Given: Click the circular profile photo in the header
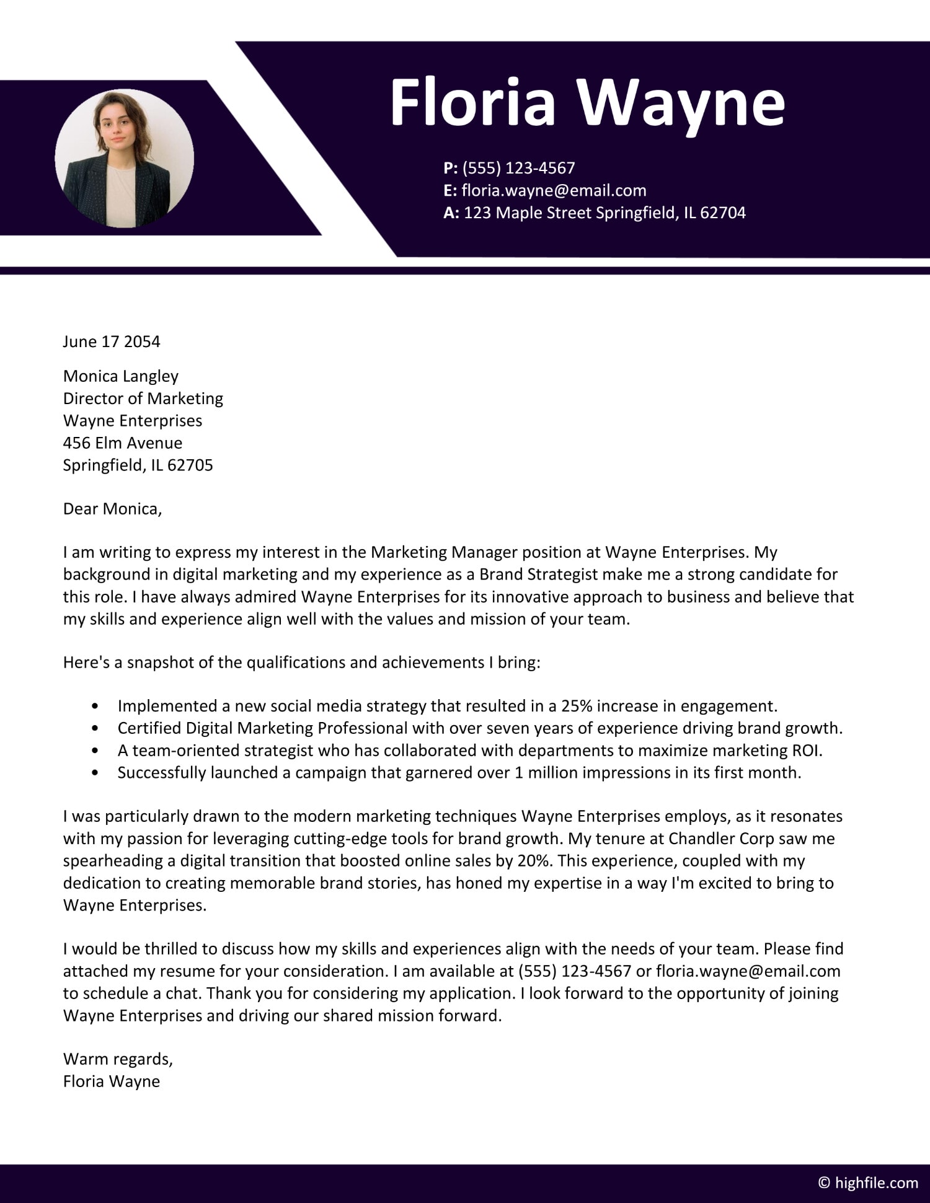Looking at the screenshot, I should point(124,158).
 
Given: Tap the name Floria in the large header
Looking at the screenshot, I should point(472,102).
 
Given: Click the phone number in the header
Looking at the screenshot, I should point(518,168).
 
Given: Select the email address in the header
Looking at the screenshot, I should point(554,190).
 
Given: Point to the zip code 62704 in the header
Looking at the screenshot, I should point(722,213).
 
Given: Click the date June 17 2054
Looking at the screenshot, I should point(112,342).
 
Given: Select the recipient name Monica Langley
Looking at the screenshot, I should point(121,376).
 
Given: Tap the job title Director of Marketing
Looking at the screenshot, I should point(143,399).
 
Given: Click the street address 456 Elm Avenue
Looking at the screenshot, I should point(123,443).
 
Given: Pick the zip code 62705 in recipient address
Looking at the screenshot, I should point(190,465).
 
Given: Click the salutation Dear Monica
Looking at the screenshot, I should point(112,509).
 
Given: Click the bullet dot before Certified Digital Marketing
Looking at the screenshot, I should point(95,728).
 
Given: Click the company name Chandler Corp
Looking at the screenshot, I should point(721,839).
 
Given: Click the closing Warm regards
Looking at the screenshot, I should point(118,1059).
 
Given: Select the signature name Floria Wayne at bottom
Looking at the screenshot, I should point(112,1082).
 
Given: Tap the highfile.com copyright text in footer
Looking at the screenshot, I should point(868,1183).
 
